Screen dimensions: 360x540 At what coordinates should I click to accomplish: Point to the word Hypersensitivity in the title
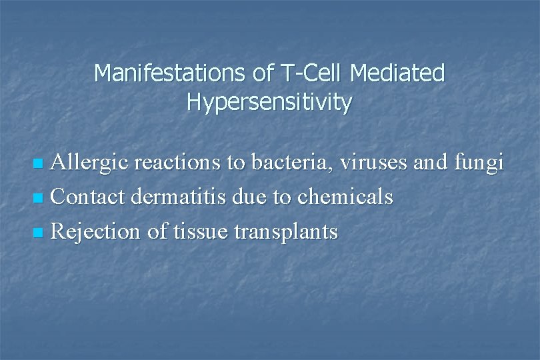coord(269,102)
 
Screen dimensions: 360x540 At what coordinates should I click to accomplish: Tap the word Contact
coord(89,197)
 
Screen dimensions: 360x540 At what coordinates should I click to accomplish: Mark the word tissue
coord(198,232)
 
